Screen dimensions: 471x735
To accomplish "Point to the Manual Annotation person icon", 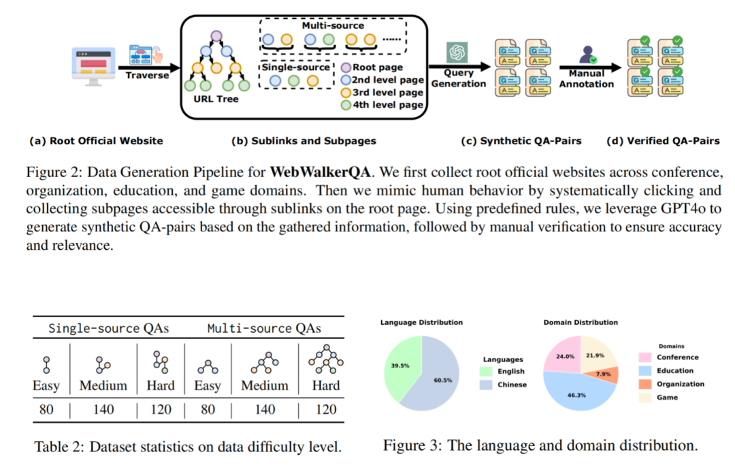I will [x=587, y=54].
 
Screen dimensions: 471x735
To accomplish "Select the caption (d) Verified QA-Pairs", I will [x=663, y=142].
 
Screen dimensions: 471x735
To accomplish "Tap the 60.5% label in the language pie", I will [x=442, y=380].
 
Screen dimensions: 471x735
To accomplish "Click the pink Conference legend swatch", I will [x=644, y=357].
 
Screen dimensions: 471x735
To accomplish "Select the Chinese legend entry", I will [x=512, y=385].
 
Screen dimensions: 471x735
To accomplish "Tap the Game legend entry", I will [x=668, y=397].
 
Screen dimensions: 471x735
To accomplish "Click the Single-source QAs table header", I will [x=108, y=329].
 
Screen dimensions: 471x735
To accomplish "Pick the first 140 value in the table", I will [x=103, y=409].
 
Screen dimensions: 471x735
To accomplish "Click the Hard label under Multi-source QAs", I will [x=325, y=385].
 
